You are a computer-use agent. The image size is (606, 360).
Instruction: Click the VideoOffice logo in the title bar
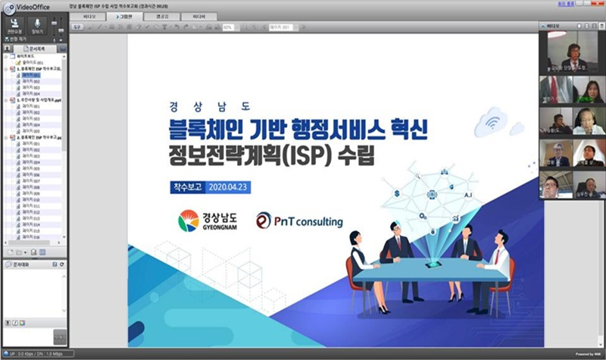point(24,6)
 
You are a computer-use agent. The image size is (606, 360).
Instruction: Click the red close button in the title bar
point(598,5)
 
